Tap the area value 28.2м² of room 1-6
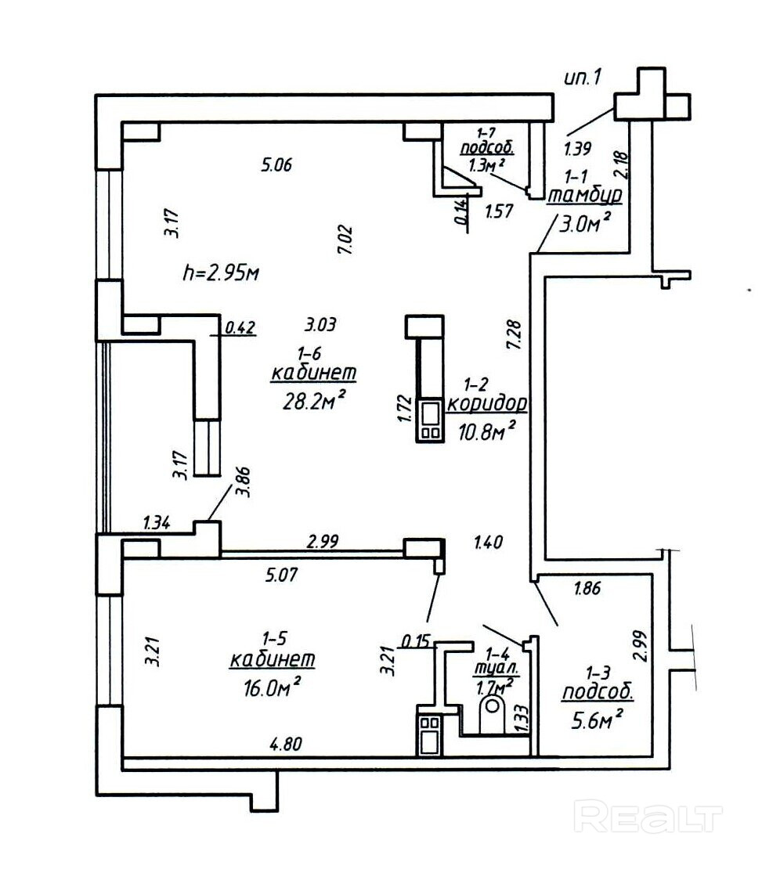(313, 401)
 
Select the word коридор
(486, 404)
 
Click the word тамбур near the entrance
(584, 196)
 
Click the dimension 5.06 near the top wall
(276, 164)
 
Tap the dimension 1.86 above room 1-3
(587, 589)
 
